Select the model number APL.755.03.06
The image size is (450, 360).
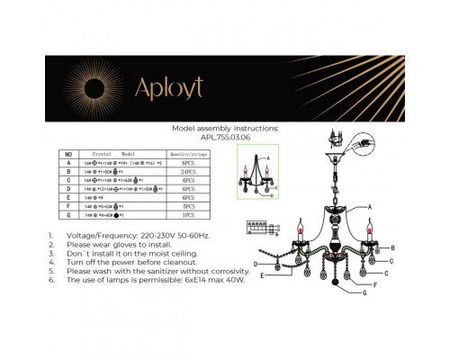[x=225, y=137]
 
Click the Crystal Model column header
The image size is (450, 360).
[x=120, y=155]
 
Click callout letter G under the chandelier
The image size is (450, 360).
[x=364, y=293]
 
